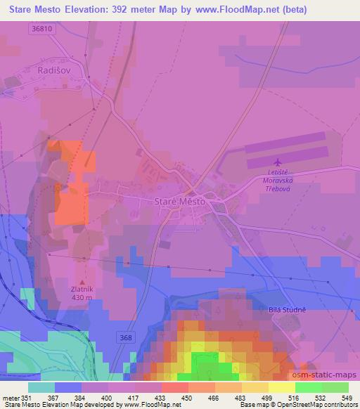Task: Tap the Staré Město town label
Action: tap(179, 202)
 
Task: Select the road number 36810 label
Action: tap(42, 29)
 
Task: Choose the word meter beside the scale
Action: tap(9, 397)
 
